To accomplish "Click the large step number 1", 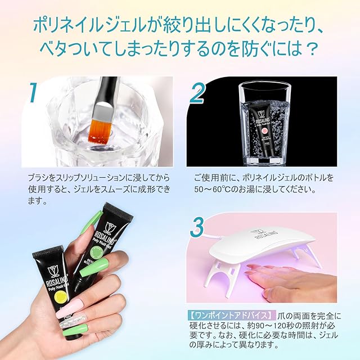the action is [x=33, y=92].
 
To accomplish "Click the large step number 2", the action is [x=197, y=92].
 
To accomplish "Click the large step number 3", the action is [x=197, y=227].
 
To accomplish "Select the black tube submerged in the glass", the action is [x=263, y=134].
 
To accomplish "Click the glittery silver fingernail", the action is [x=69, y=322].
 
